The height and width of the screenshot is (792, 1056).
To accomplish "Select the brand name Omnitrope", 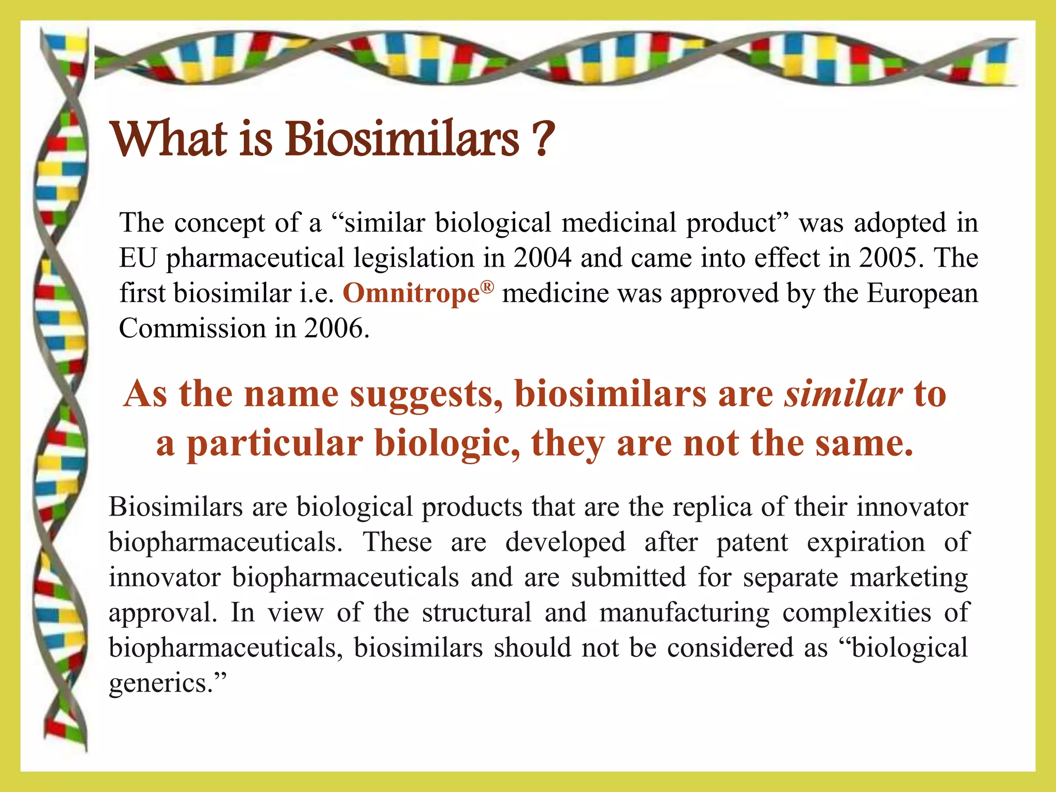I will tap(411, 293).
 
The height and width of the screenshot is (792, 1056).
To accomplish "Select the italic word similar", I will tap(844, 394).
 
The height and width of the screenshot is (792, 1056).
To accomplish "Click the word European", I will tap(922, 293).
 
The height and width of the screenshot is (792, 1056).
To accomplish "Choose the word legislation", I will tap(414, 258).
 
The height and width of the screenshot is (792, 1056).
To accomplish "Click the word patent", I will tap(752, 542).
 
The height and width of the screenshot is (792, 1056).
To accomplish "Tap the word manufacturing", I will tap(684, 613).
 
